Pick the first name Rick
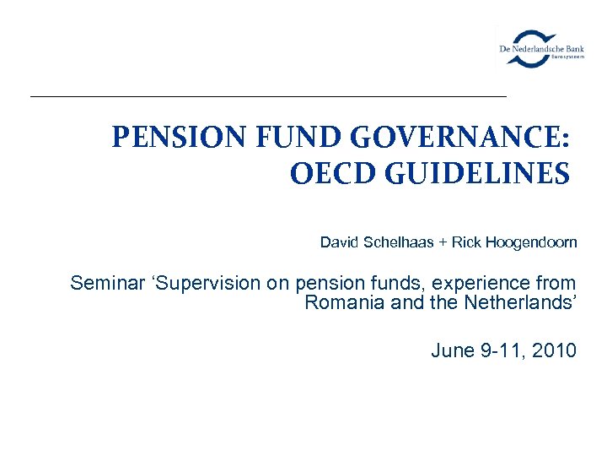pyautogui.click(x=465, y=242)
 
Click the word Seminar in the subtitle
pyautogui.click(x=101, y=283)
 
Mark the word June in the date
pyautogui.click(x=452, y=350)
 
